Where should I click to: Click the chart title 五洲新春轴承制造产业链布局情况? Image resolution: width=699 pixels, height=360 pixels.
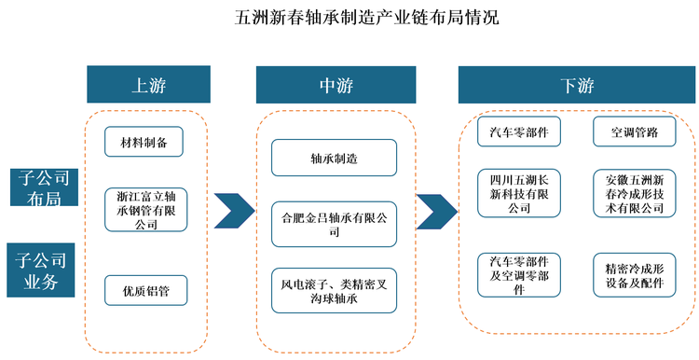349,17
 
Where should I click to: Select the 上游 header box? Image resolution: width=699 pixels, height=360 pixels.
144,85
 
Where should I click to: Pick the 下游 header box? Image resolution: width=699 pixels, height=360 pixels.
577,85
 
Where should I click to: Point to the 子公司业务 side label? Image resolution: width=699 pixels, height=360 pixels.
44,268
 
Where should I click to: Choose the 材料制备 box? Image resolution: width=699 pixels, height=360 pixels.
144,144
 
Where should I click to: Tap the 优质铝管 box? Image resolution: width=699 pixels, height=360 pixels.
144,290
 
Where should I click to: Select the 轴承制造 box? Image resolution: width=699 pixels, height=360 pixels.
335,158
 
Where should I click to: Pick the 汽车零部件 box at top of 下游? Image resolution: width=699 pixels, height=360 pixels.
518,132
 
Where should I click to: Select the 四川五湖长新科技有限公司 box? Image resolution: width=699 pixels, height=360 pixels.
518,193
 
